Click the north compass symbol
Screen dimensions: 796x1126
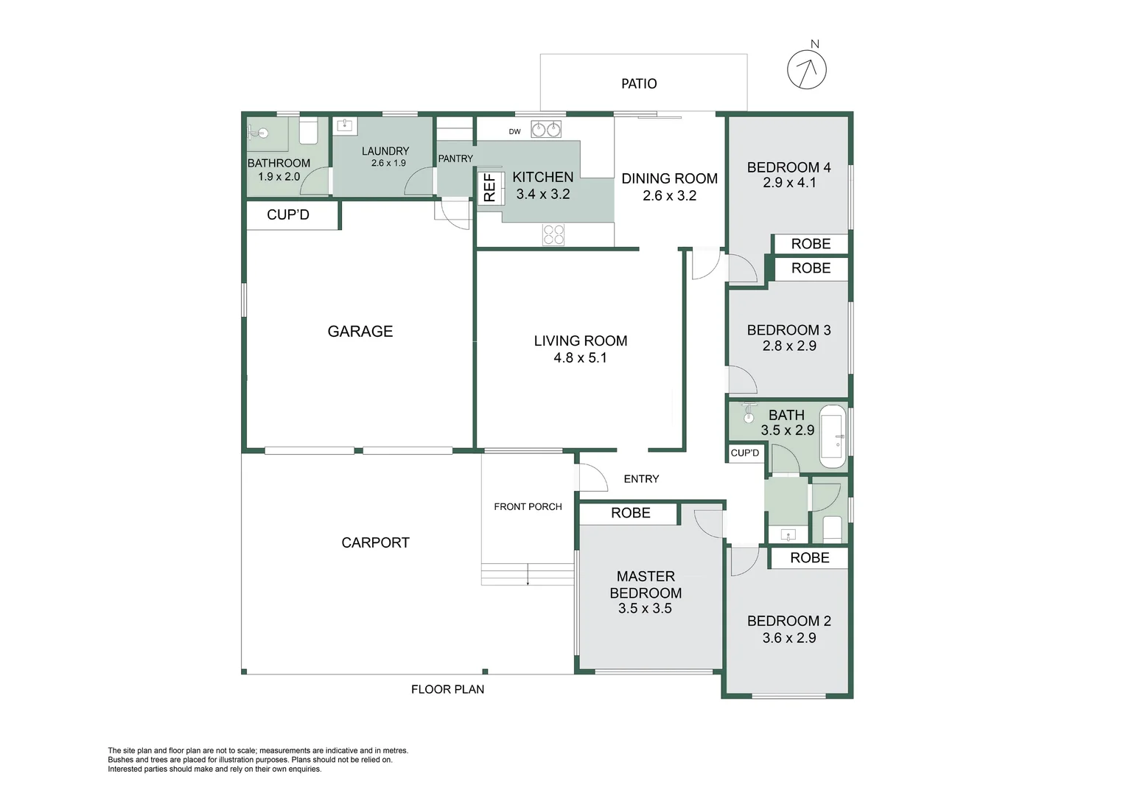807,69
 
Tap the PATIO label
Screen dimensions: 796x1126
639,83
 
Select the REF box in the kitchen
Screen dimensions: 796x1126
489,187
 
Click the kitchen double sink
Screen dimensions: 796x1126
546,130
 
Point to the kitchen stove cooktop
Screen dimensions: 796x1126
553,234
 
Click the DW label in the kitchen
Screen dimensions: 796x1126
514,132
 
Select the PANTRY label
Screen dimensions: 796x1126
455,158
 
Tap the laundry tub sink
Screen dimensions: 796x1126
345,125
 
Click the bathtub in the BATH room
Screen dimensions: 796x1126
833,436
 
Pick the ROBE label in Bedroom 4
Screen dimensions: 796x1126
811,244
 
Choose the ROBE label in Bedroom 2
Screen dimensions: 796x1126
810,558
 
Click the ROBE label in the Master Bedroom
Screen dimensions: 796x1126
631,513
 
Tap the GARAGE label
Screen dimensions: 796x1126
360,332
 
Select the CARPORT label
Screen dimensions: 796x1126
375,542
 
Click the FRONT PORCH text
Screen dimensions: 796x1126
528,506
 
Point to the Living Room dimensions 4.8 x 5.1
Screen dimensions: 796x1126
581,358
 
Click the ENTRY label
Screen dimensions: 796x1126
641,479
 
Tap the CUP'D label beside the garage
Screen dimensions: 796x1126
288,214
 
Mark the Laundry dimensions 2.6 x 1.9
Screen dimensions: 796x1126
388,163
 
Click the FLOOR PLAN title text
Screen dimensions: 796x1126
447,689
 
